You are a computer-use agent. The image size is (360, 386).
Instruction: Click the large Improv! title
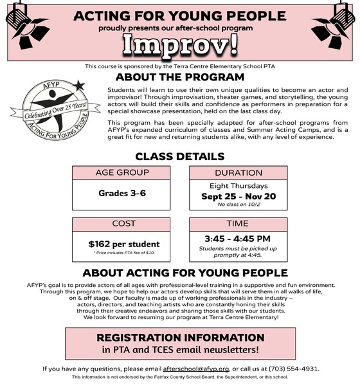tap(179, 44)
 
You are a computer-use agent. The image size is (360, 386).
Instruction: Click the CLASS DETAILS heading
tap(179, 156)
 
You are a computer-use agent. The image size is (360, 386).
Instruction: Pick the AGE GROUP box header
tap(122, 172)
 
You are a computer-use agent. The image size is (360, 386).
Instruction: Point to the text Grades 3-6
tap(122, 193)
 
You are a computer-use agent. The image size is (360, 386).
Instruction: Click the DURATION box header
tap(239, 172)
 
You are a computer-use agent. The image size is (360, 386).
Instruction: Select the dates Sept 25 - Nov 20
tap(239, 195)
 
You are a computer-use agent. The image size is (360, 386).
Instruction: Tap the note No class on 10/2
tap(239, 205)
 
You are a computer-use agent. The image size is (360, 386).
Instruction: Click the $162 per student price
tap(122, 244)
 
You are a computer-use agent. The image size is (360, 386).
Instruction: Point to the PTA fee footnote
tap(122, 253)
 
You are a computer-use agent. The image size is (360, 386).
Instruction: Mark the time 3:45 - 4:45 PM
tap(239, 239)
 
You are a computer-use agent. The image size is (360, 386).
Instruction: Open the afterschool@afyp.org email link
tap(196, 369)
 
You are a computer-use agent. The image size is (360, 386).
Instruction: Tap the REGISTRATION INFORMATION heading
tap(179, 338)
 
